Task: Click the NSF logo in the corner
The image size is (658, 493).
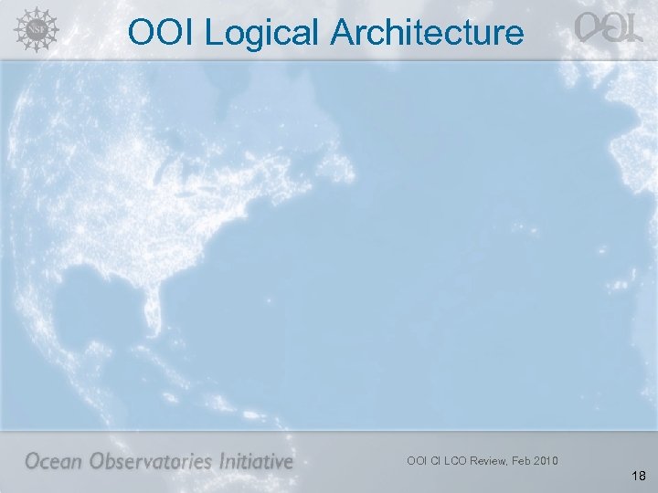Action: coord(34,30)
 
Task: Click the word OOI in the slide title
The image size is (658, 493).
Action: coord(162,34)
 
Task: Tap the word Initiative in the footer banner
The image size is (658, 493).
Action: coord(257,461)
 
